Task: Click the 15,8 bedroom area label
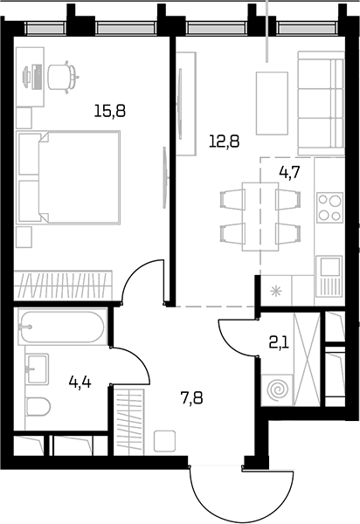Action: pos(110,111)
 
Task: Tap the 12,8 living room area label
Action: pos(225,141)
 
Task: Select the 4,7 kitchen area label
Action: pos(290,173)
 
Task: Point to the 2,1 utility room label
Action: pos(279,343)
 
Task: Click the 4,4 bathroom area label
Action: pos(80,382)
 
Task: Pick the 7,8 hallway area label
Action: pos(192,398)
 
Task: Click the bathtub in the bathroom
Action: pos(62,327)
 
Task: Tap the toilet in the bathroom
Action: pos(38,407)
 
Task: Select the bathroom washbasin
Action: pos(37,369)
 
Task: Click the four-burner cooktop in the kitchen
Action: pos(329,207)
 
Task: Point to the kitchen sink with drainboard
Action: pos(329,276)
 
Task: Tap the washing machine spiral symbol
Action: pos(276,390)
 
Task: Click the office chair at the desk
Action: pos(63,77)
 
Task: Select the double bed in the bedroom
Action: pos(68,177)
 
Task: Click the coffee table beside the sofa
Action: pos(272,103)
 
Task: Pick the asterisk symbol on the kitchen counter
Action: pos(276,292)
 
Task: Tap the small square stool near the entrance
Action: pos(165,441)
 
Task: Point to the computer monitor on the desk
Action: pos(25,76)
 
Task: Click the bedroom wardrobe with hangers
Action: pos(64,285)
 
